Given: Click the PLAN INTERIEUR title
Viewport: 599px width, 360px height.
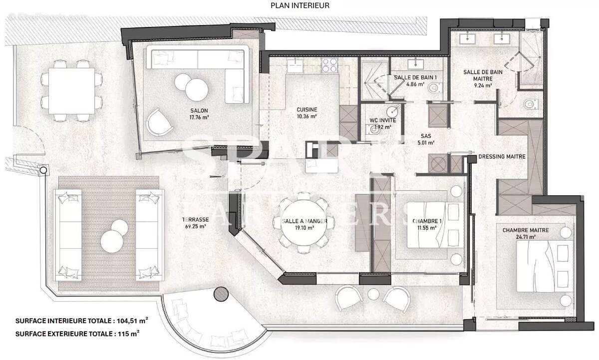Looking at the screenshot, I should [299, 6].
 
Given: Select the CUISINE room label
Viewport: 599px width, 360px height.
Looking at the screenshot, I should [307, 110].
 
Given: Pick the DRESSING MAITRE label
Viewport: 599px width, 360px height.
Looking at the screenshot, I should [502, 156].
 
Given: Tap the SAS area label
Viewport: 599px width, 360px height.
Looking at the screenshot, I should [426, 135].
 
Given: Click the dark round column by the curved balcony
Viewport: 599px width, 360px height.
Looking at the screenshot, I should [220, 294].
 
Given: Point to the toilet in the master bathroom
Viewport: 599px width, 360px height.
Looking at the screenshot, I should [528, 104].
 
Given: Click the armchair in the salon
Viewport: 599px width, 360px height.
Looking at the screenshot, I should [159, 121].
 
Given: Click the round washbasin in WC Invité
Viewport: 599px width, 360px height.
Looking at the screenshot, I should [393, 111].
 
